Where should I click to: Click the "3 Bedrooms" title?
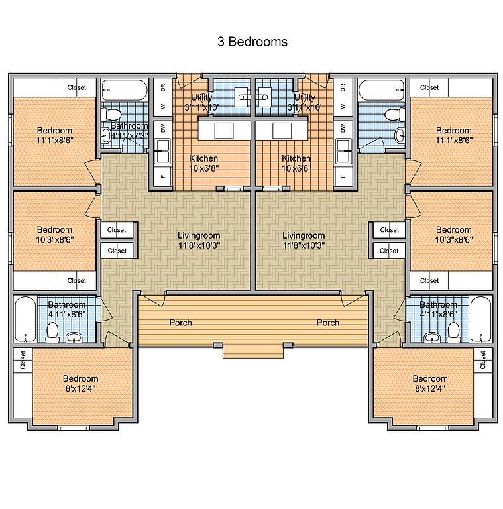pos(252,42)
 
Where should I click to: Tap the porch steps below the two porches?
pos(252,351)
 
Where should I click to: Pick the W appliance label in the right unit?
pos(343,105)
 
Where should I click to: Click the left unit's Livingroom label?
pos(199,240)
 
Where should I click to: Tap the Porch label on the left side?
pos(181,323)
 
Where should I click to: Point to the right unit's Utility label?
pos(305,102)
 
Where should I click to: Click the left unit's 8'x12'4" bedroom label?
pos(81,384)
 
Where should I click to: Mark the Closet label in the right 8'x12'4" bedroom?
pos(483,360)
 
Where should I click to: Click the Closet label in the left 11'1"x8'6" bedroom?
pos(77,87)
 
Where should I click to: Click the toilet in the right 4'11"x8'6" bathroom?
pos(454,329)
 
